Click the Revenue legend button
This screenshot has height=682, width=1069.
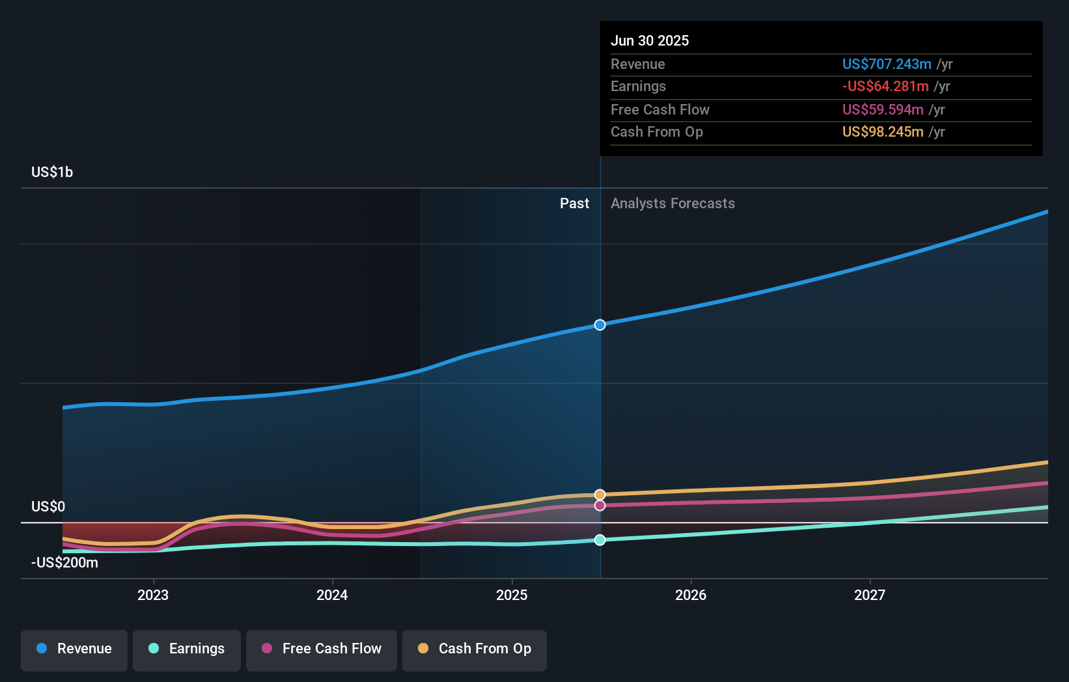coord(74,649)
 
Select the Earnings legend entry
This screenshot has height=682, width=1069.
coord(187,649)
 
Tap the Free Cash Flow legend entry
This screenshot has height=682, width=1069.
coord(322,649)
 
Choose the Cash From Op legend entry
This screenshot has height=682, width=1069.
coord(475,649)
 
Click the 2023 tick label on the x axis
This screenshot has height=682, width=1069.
coord(153,595)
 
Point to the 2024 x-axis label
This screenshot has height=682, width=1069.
coord(332,595)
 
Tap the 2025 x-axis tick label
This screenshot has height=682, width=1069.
coord(512,595)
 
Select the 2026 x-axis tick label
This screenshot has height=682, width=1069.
coord(691,595)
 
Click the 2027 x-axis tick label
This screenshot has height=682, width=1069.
coord(870,595)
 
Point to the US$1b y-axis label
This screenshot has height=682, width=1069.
coord(52,172)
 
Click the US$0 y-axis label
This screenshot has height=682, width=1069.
coord(48,507)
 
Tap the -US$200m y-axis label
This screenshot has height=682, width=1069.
coord(64,563)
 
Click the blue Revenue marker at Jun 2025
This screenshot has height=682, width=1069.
coord(600,325)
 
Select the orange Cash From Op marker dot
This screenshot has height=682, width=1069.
coord(600,495)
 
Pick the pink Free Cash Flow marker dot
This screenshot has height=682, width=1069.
coord(600,506)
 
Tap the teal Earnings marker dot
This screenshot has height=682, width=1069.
coord(600,540)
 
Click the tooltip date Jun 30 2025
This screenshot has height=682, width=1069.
coord(650,40)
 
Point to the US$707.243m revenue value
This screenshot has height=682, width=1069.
coord(887,64)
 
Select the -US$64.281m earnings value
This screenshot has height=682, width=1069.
coord(885,86)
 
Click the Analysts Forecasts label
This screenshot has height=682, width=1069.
coord(673,204)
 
